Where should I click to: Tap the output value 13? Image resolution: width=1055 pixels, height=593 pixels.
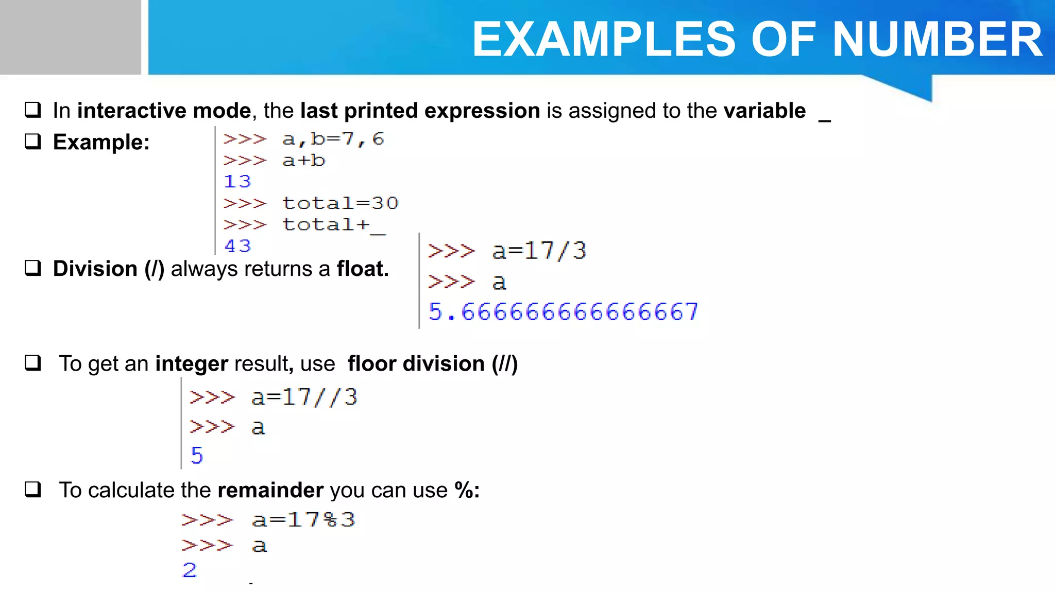click(237, 181)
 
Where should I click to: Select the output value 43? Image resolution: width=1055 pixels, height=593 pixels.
click(237, 246)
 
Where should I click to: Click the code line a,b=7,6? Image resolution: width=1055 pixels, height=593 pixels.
click(333, 138)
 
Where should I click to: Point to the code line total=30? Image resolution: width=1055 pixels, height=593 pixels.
click(340, 203)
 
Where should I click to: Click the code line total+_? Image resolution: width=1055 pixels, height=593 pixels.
click(334, 225)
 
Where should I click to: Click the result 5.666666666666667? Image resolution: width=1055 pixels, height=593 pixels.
click(563, 311)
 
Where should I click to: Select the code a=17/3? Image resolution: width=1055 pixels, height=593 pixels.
click(539, 251)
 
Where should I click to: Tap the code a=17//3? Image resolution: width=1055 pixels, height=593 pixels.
click(304, 397)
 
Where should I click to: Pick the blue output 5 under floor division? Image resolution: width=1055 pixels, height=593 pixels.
click(197, 455)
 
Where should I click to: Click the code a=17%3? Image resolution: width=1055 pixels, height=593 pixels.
click(303, 519)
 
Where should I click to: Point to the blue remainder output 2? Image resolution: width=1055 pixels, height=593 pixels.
click(190, 570)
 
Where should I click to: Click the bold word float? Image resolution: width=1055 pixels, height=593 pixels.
click(362, 269)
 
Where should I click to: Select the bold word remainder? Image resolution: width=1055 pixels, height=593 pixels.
click(270, 490)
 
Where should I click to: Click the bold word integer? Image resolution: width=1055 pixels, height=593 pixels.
click(192, 364)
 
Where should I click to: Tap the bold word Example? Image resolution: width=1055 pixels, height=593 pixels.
click(101, 142)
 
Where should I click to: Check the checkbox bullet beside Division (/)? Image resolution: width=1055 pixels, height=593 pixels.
click(33, 268)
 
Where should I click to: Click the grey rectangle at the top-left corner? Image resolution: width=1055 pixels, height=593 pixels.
click(70, 37)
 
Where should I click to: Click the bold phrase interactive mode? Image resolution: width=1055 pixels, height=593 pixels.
click(164, 111)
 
